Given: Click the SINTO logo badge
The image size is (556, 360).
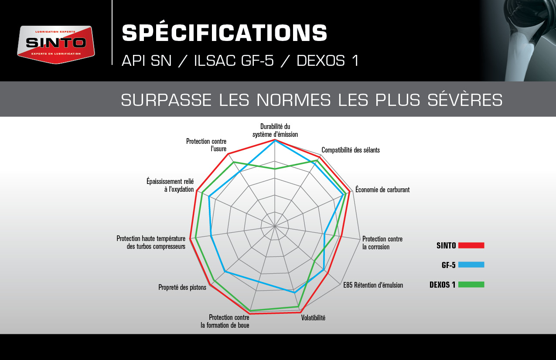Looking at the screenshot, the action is (56, 44).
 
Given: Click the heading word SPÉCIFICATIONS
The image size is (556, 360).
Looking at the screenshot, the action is (225, 33).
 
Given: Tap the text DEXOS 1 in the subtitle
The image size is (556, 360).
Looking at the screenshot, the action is (327, 61).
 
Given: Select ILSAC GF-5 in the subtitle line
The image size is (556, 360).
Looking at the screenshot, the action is (234, 61).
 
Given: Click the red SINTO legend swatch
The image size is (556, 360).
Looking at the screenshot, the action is (471, 245).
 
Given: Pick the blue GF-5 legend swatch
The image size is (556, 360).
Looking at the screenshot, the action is (471, 265).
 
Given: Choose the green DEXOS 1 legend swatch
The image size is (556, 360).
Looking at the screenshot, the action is (471, 284).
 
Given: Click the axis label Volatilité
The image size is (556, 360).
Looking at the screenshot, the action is (313, 318).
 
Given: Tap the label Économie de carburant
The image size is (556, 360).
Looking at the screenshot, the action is (382, 190).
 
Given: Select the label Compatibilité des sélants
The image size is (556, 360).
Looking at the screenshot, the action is (351, 150).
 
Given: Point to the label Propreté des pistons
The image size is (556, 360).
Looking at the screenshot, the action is (182, 287).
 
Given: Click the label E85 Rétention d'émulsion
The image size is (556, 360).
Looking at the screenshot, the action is (373, 285).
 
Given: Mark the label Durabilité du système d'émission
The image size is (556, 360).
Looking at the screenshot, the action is (275, 130).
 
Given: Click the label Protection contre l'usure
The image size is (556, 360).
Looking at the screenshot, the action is (206, 145).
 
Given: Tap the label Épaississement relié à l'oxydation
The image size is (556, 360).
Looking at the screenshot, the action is (170, 185).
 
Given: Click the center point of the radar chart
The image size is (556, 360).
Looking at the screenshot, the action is (275, 226).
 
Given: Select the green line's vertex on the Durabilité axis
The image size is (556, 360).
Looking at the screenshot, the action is (275, 169).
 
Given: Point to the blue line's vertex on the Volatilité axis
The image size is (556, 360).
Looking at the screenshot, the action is (295, 293).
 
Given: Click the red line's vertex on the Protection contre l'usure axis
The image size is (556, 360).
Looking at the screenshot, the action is (228, 154).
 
